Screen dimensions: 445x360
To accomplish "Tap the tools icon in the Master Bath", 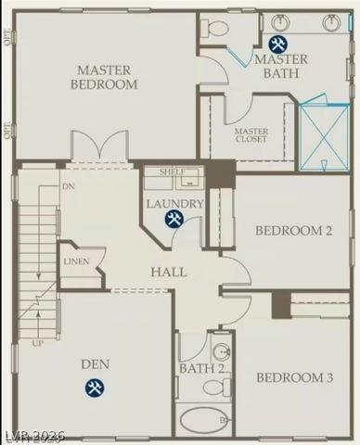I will [276, 44].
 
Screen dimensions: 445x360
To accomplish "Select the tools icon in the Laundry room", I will [174, 219].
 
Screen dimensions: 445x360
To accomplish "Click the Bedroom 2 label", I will [293, 232].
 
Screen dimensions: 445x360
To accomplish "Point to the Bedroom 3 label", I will [294, 377].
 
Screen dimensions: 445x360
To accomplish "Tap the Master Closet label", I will [251, 136].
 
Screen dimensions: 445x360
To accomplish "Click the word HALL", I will [169, 273].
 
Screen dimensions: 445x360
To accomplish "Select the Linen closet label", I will [76, 261].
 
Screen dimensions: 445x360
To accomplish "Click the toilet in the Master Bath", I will [212, 29].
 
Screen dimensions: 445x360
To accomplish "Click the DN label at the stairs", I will [68, 185].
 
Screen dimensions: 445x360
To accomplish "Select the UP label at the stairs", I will [38, 343].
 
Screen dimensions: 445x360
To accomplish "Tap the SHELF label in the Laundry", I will [173, 172].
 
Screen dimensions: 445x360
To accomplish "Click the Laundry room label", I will [174, 204].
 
